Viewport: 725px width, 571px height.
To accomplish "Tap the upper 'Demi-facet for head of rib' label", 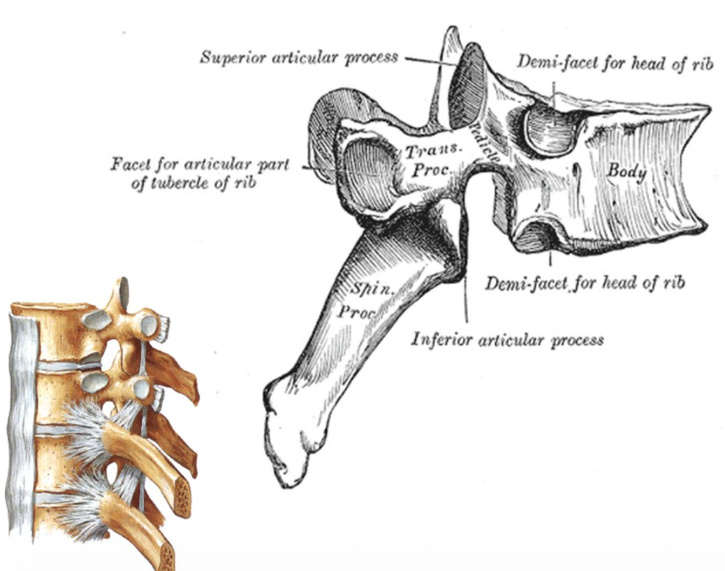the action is point(614,63).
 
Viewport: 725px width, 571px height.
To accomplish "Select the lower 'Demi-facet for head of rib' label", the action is point(585,282).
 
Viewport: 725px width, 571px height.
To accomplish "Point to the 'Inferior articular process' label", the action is point(507,340).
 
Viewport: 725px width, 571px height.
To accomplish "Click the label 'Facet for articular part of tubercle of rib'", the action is point(199,173).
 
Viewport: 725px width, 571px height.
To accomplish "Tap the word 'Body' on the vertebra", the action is point(627,172).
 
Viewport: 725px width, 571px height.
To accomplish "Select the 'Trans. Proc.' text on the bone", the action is point(433,159).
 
